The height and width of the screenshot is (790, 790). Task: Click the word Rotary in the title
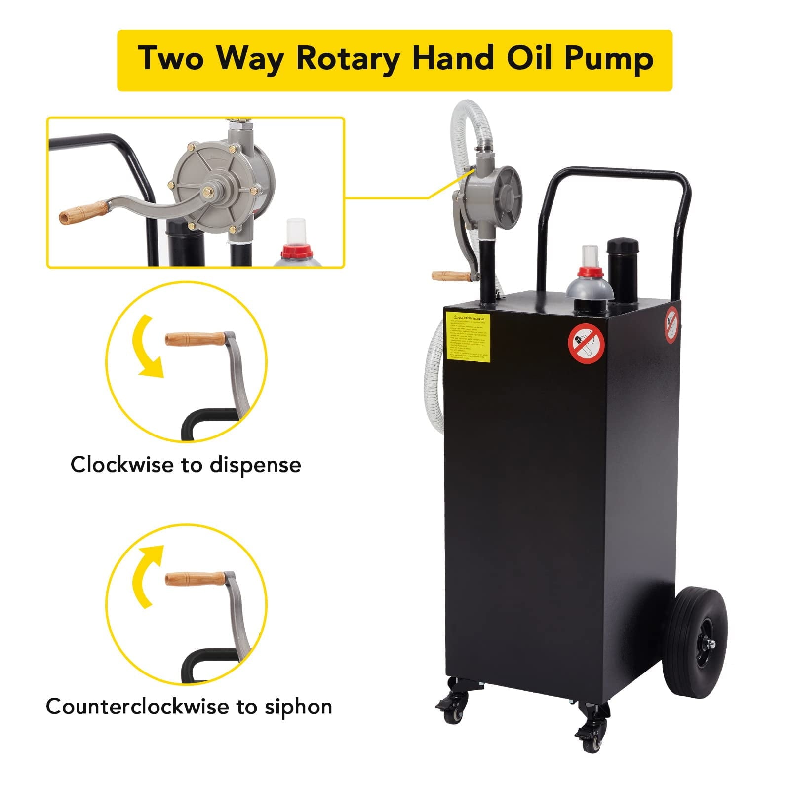click(348, 59)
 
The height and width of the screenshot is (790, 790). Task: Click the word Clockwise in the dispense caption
click(123, 465)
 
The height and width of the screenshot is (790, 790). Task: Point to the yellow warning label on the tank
click(468, 337)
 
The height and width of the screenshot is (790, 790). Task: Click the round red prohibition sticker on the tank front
click(586, 342)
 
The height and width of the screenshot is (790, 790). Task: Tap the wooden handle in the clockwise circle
click(195, 339)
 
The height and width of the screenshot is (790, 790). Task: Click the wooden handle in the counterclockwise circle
click(195, 578)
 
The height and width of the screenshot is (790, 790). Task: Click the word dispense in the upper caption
click(255, 466)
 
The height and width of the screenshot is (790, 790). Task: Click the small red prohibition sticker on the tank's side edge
click(671, 324)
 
